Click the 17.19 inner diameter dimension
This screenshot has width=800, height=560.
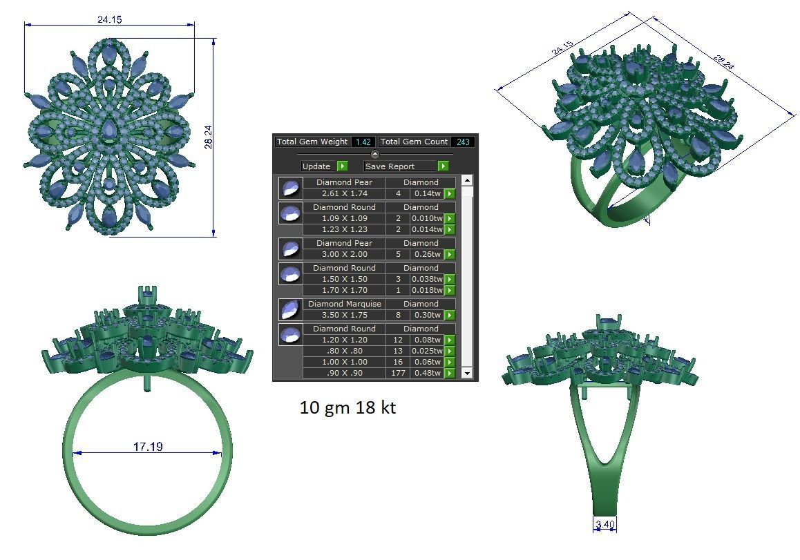[x=148, y=447]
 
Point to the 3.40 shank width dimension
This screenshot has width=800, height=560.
[x=604, y=525]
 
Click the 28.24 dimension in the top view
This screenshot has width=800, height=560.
[x=208, y=136]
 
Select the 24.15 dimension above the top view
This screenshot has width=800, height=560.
[x=109, y=19]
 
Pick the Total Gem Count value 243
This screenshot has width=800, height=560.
[x=463, y=142]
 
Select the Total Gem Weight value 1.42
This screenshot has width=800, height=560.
[x=363, y=142]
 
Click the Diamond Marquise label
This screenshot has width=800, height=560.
[x=344, y=304]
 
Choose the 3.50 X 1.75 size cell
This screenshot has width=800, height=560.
[x=344, y=315]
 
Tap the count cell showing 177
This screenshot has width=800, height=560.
[x=398, y=373]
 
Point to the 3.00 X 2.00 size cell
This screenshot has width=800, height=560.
[x=344, y=254]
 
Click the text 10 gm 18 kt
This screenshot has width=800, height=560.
[x=347, y=408]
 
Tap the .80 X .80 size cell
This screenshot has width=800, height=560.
[x=344, y=351]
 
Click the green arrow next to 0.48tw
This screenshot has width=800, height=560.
[x=450, y=373]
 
